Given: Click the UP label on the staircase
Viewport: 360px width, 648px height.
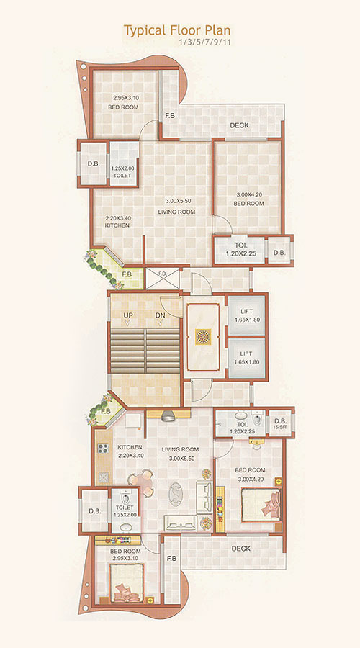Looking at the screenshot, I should (128, 315).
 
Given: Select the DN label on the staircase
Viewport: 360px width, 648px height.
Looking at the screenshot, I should (161, 315).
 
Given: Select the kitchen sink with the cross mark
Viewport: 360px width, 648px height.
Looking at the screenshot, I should (102, 477).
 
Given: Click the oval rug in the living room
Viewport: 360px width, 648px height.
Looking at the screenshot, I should (176, 495).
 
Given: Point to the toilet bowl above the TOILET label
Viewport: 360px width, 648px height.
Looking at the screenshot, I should (127, 497).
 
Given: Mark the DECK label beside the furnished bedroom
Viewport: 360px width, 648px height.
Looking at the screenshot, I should (240, 549).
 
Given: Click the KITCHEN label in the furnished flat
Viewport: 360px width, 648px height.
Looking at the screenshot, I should (130, 446).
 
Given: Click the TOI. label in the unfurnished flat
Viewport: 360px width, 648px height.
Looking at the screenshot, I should (240, 244).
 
